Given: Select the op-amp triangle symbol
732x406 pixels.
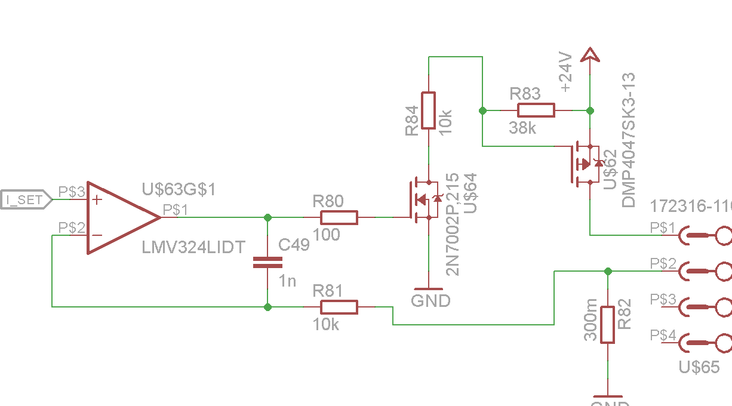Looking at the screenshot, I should (119, 218).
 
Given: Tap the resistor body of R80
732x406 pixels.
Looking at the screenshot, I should (339, 217).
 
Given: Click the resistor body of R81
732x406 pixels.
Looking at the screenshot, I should (339, 307).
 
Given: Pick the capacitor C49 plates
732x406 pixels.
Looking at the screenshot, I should (267, 262).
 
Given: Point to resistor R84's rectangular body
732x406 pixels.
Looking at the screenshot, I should (429, 110).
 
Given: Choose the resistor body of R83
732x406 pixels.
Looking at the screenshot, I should (536, 110).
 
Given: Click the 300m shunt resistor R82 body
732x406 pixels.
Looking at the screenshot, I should (608, 325).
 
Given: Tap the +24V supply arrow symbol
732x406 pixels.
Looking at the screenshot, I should (590, 55).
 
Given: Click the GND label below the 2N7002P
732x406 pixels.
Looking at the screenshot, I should (430, 301).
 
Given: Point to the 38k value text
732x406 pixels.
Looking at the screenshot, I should (522, 128).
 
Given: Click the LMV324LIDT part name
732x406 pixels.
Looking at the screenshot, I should (193, 247).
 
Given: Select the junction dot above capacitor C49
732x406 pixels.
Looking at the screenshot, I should (267, 217).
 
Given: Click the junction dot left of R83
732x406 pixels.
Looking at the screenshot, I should (482, 110).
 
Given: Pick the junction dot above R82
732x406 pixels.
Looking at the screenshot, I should (608, 271).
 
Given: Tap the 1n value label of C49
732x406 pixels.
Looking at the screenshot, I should (287, 280).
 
